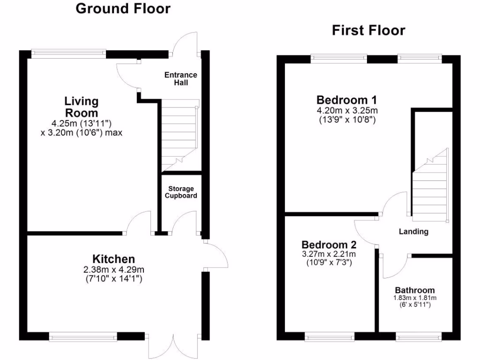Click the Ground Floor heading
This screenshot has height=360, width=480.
(123, 8)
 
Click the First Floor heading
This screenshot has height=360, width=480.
(368, 30)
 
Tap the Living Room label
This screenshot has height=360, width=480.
(82, 107)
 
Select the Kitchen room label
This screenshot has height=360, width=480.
(113, 259)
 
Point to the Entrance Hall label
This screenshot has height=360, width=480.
(181, 79)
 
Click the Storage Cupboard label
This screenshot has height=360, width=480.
(181, 192)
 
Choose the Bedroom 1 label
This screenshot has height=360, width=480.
(347, 100)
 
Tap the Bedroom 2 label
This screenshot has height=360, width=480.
(329, 245)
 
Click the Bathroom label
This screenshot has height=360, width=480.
(414, 290)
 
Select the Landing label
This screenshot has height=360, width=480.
(413, 231)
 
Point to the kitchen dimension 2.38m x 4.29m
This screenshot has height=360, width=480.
(113, 270)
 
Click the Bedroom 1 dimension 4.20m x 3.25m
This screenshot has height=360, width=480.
(347, 111)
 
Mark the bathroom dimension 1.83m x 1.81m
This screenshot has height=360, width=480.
(414, 298)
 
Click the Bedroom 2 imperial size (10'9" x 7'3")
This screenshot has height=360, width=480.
(329, 262)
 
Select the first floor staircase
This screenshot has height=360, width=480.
(430, 185)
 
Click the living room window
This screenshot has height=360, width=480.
(68, 53)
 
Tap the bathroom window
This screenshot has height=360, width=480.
(419, 336)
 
